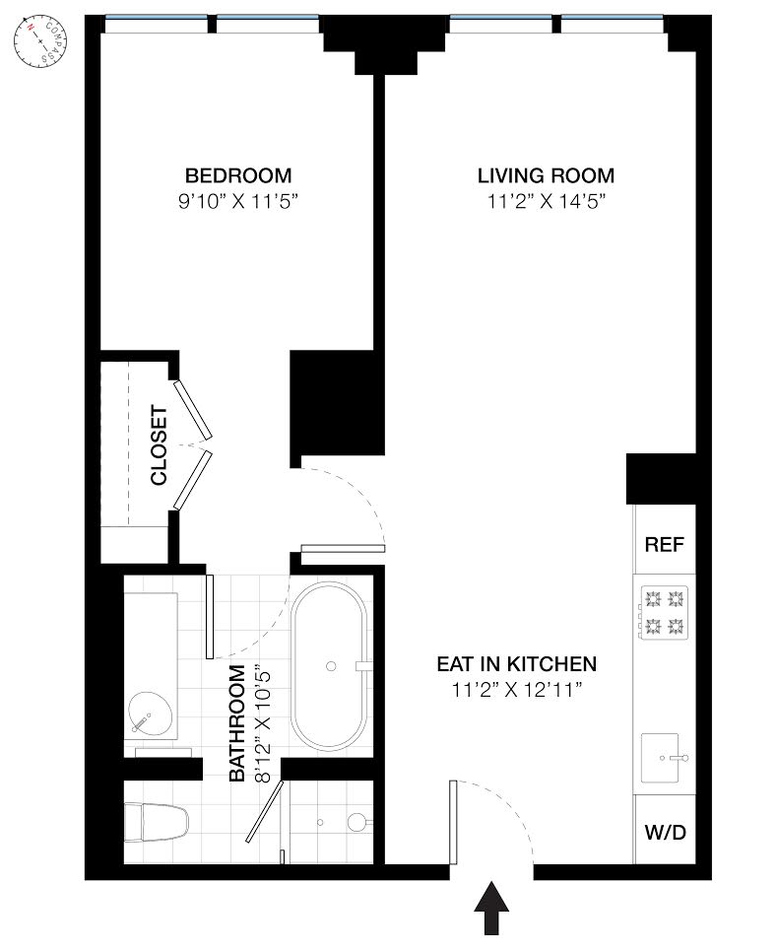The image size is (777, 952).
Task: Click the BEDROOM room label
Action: point(238,175)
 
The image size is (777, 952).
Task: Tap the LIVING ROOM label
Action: point(546,175)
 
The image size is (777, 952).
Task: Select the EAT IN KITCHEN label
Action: point(517,663)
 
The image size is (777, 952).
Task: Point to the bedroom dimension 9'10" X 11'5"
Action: point(238,201)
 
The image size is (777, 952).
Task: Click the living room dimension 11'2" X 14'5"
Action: point(547,201)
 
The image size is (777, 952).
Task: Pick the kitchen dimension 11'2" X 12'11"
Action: point(517,690)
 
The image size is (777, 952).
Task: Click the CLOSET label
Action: point(159,445)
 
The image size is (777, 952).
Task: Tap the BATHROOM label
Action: point(237,723)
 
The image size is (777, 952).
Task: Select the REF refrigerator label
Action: point(665,545)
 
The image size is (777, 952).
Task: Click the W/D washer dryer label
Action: point(666,832)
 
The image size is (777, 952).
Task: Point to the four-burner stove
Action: point(664,612)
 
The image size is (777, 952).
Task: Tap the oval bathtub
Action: point(329,666)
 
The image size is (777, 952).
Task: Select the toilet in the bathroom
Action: point(157,823)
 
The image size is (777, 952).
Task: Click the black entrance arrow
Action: point(491,909)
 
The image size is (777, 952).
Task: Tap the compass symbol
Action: point(40,42)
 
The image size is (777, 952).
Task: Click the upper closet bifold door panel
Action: point(193,410)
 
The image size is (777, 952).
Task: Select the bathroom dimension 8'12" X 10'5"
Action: point(262,723)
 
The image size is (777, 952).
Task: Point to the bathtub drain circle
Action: point(331,666)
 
